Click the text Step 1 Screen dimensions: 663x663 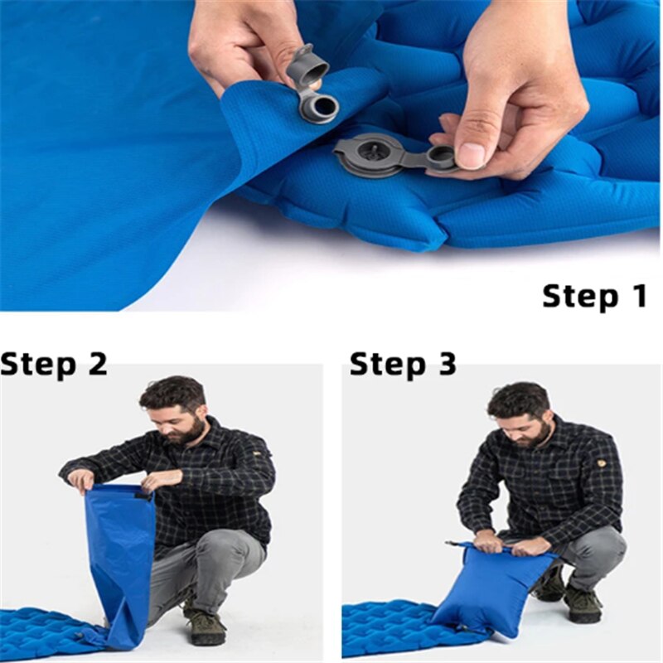(x=594, y=296)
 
